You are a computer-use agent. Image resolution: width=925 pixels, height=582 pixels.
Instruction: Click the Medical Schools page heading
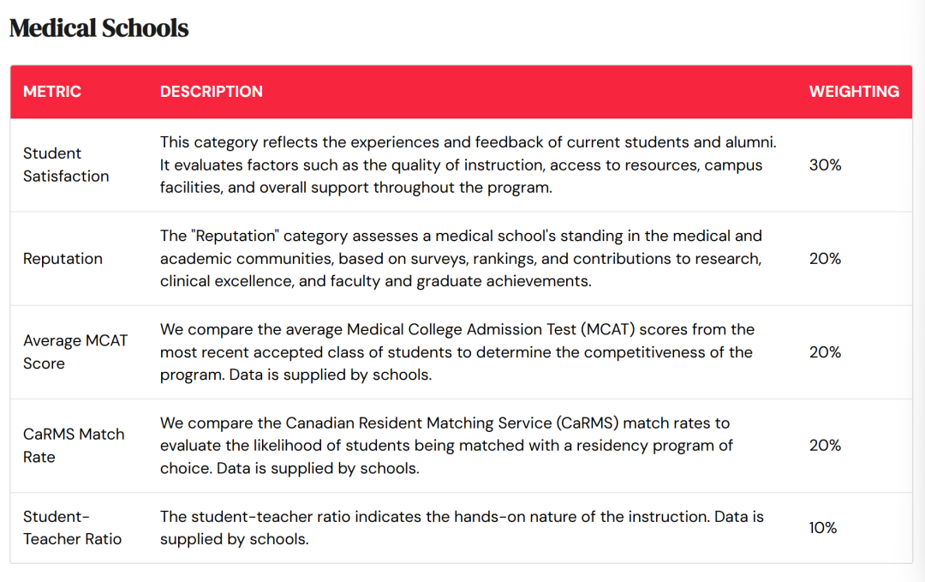click(x=98, y=28)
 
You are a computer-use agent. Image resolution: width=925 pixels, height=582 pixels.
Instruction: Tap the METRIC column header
click(x=52, y=92)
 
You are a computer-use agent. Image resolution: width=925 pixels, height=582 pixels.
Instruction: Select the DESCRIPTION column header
click(x=212, y=92)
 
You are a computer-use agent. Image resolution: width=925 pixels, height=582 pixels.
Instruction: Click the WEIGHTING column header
click(x=854, y=92)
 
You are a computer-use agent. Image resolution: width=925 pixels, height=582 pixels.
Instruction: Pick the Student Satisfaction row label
click(x=66, y=165)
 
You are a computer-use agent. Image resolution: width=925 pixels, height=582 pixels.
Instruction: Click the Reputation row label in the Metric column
click(x=63, y=259)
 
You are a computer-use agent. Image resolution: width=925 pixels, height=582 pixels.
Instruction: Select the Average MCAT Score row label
click(x=75, y=351)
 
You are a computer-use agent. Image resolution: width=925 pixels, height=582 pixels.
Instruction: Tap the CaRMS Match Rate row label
click(x=74, y=445)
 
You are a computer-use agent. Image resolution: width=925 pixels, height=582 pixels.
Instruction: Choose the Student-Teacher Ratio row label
click(x=72, y=527)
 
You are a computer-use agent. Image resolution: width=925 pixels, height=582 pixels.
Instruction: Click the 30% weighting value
click(x=825, y=165)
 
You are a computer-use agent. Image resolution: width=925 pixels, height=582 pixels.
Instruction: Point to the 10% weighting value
click(x=823, y=528)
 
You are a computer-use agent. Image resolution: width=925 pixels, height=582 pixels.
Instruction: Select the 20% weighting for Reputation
click(x=825, y=259)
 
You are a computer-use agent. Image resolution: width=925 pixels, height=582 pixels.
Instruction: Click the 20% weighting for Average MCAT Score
click(x=825, y=352)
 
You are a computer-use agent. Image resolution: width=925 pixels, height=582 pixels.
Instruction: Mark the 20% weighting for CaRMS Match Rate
click(x=825, y=445)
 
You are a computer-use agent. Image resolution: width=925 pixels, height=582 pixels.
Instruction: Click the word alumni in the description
click(x=749, y=141)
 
